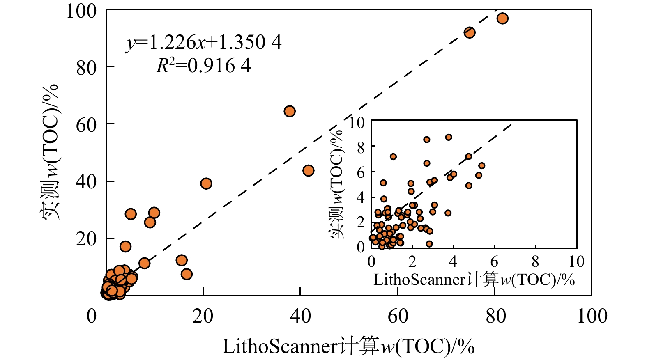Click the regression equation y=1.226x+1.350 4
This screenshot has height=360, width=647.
point(204,42)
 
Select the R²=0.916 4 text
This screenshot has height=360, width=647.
point(203,66)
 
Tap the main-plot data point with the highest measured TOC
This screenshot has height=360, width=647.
point(502,18)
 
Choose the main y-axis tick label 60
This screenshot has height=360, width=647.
point(86,124)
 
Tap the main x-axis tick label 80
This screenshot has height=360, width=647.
point(495,316)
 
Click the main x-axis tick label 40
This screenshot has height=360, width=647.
point(300,316)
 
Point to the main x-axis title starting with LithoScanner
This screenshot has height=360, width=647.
point(348,346)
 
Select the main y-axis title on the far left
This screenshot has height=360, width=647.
point(50,152)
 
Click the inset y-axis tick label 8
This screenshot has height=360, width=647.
point(360,147)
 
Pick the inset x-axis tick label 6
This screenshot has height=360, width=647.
point(494,261)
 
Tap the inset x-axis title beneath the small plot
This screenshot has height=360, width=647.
point(474,280)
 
